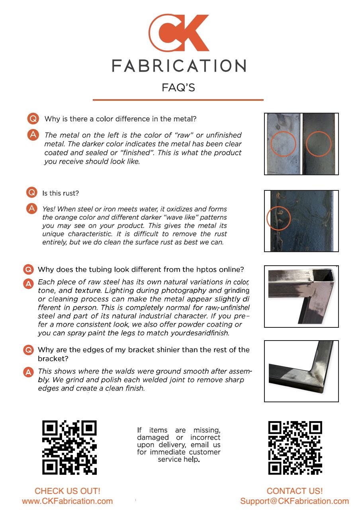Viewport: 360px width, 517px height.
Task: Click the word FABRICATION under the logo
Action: pos(179,66)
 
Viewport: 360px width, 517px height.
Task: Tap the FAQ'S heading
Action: pos(178,88)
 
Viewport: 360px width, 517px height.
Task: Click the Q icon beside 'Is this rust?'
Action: pos(32,192)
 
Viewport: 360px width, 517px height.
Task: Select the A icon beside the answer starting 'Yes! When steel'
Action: pos(32,208)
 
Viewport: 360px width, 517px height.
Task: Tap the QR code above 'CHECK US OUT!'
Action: pos(69,447)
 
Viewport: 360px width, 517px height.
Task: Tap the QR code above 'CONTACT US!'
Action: pos(295,448)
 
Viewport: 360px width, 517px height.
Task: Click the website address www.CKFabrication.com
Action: pos(67,501)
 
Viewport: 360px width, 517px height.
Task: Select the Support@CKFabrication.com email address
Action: pos(294,501)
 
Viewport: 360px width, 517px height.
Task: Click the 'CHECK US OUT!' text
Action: pos(67,491)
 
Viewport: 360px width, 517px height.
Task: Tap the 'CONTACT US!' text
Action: pos(295,491)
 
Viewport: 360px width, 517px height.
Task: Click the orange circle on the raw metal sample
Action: pos(270,144)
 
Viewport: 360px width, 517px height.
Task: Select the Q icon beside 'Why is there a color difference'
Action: pos(33,118)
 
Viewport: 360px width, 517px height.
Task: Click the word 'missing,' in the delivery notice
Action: pos(207,431)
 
